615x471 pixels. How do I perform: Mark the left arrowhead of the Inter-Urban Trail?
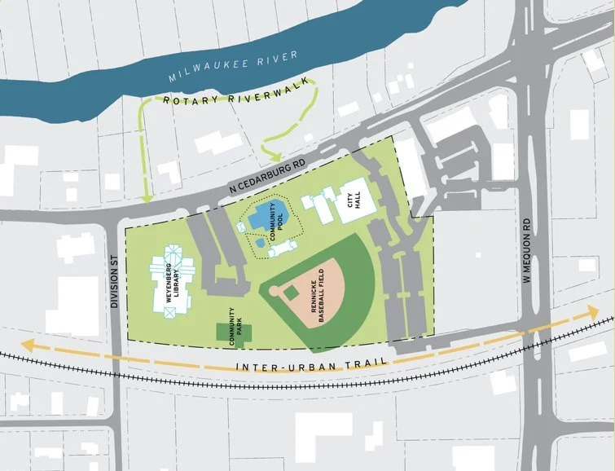(27, 346)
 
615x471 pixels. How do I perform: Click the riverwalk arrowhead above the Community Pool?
(275, 156)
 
